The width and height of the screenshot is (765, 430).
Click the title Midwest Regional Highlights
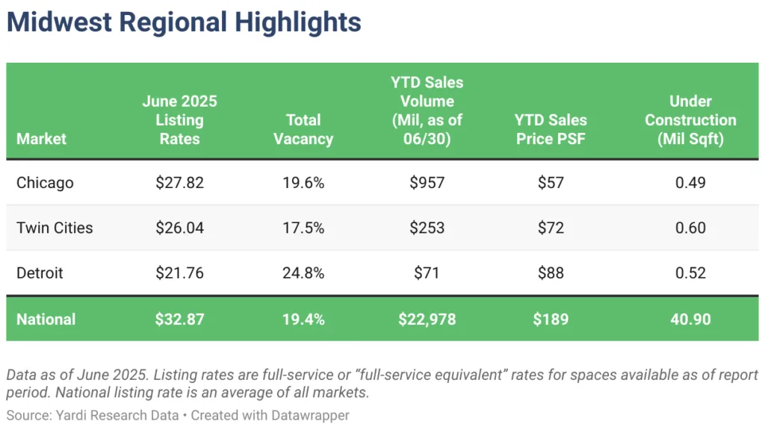(x=184, y=22)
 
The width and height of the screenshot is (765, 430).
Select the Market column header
(x=42, y=139)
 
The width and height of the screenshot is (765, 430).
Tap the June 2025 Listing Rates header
(x=179, y=119)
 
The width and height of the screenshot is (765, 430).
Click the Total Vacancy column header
(x=303, y=129)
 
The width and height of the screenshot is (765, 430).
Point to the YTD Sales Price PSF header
(x=551, y=129)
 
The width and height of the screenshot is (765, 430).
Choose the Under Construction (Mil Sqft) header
(x=690, y=119)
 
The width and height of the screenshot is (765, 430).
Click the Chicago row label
(x=45, y=183)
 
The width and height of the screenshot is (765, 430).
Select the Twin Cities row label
(x=55, y=228)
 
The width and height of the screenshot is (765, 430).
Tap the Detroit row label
(x=40, y=273)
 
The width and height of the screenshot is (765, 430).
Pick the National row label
(x=46, y=320)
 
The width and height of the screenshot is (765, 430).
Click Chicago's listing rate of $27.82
(x=179, y=183)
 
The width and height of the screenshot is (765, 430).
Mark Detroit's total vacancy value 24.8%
(x=303, y=273)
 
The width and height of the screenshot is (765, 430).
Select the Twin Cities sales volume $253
(x=427, y=228)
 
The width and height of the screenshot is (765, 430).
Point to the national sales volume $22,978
(x=427, y=320)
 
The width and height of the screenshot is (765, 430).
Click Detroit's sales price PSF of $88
(x=551, y=273)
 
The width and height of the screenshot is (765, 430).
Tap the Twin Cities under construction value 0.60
(x=690, y=228)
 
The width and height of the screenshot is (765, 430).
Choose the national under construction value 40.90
(x=690, y=320)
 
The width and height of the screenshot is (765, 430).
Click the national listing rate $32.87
(x=179, y=320)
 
